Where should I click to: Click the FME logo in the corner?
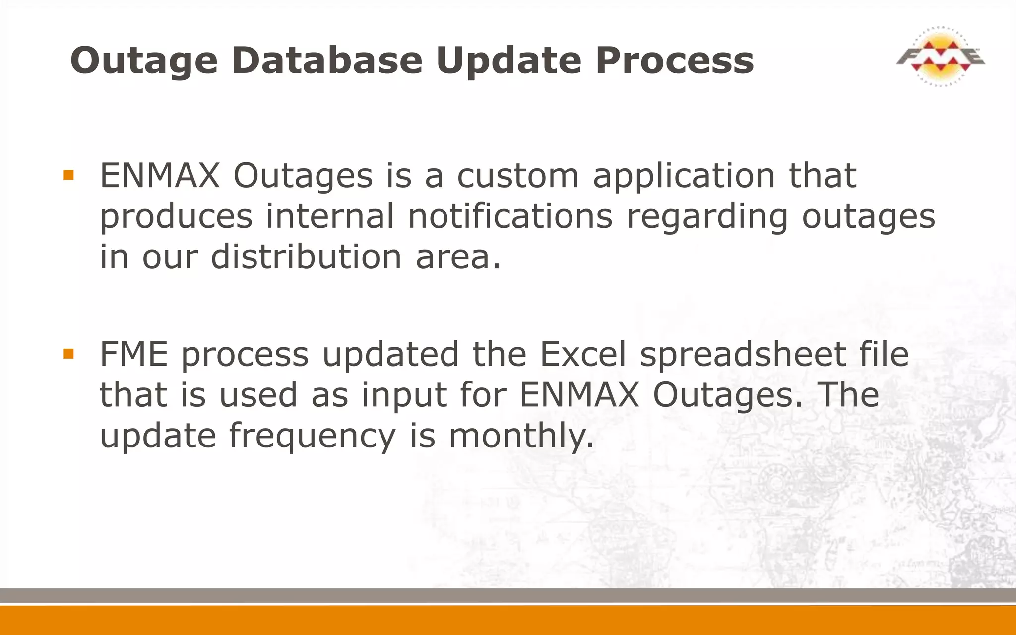tap(940, 57)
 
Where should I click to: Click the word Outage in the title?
tap(144, 61)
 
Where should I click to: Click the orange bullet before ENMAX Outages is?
tap(68, 175)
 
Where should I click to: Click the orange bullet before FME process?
tap(68, 354)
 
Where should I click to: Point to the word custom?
tap(517, 176)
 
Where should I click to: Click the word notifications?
tap(510, 216)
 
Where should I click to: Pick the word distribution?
tap(306, 257)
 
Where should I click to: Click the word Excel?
tap(582, 354)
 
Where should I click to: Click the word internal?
tap(329, 216)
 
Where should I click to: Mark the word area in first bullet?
tap(457, 257)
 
